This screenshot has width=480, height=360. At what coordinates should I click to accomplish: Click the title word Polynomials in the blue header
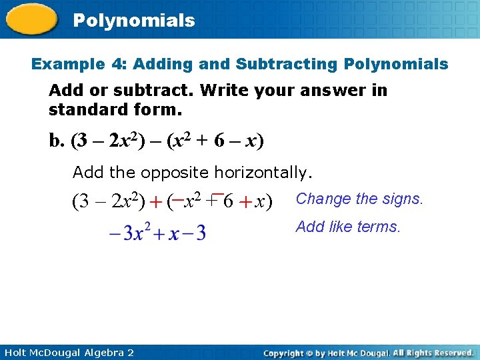click(x=134, y=21)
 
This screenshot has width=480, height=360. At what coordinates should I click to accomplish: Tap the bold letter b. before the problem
click(x=57, y=141)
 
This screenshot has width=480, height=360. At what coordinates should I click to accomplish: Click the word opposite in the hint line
click(x=173, y=173)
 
